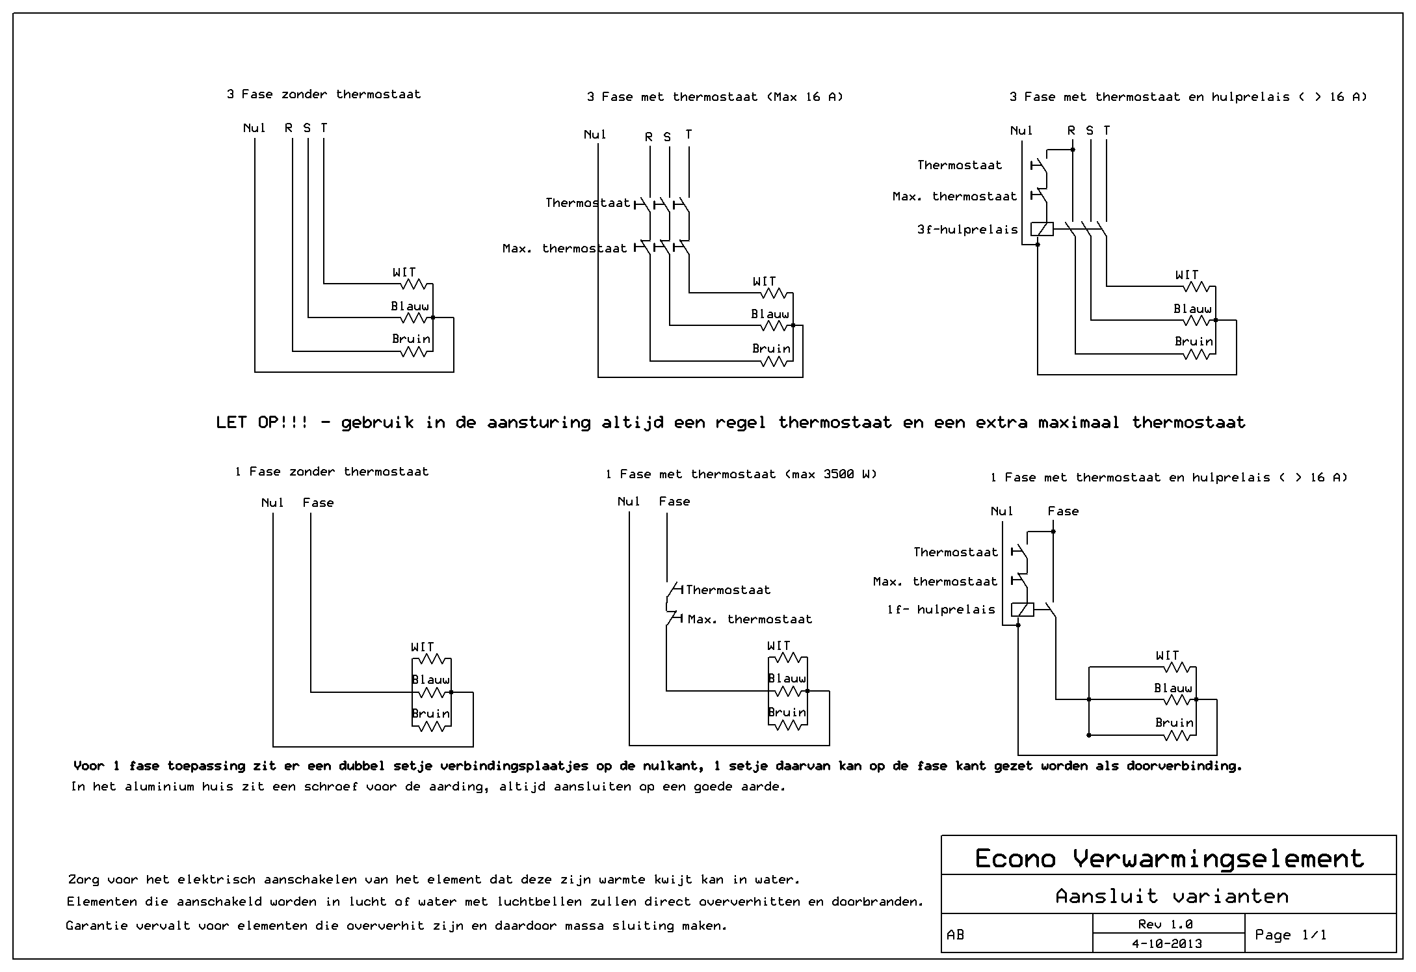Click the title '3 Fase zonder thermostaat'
pyautogui.click(x=323, y=94)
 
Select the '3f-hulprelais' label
pyautogui.click(x=967, y=230)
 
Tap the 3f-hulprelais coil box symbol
pyautogui.click(x=1042, y=229)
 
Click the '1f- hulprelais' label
pyautogui.click(x=941, y=610)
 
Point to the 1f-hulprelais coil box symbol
pyautogui.click(x=1023, y=610)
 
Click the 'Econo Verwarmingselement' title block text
pyautogui.click(x=1168, y=859)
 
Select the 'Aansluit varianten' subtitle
pyautogui.click(x=1172, y=897)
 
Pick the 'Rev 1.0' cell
pyautogui.click(x=1168, y=924)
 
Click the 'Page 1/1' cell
pyautogui.click(x=1291, y=935)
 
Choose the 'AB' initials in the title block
pyautogui.click(x=956, y=935)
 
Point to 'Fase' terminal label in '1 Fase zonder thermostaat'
pyautogui.click(x=318, y=503)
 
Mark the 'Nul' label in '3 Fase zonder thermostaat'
pyautogui.click(x=254, y=128)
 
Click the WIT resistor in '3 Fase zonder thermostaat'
pyautogui.click(x=414, y=284)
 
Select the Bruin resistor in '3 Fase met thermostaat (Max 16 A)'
pyautogui.click(x=774, y=361)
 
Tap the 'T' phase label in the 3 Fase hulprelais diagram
pyautogui.click(x=1107, y=131)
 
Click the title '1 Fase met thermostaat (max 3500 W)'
pyautogui.click(x=741, y=474)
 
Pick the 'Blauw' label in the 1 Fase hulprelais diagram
pyautogui.click(x=1173, y=688)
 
